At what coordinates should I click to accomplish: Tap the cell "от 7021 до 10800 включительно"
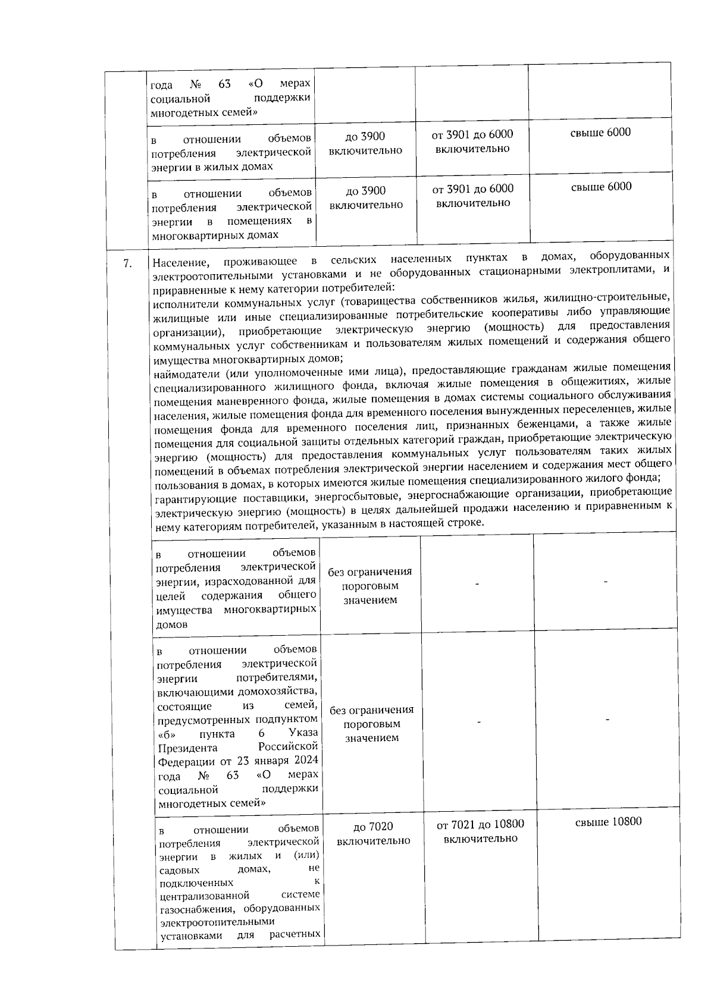pos(480,831)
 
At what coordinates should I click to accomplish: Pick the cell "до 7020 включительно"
pos(373,834)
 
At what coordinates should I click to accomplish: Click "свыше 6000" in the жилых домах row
pos(601,133)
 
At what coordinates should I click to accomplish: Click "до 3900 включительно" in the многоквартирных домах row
pos(366,197)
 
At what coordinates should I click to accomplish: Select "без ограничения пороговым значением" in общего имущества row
pos(369,586)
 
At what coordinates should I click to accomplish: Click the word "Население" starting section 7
pos(181,262)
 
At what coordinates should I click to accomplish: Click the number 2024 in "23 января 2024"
pos(305,761)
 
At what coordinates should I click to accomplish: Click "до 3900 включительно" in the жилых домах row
pos(365,143)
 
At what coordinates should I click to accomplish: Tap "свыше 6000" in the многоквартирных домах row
pos(602,187)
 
